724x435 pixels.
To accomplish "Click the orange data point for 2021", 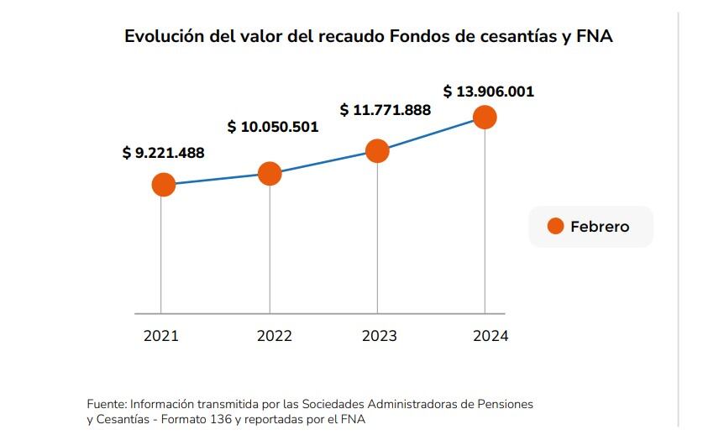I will click(x=163, y=185).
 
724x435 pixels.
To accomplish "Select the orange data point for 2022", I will click(x=270, y=174).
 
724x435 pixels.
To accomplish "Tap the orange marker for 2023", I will click(x=377, y=151).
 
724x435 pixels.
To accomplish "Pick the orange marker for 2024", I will click(x=485, y=118).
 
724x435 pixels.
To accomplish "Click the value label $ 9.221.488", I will click(x=163, y=153).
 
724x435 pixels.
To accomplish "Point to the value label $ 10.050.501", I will click(x=273, y=127).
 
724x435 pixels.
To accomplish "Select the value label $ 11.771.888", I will click(x=385, y=110).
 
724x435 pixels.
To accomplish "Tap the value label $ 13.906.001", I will click(x=489, y=92).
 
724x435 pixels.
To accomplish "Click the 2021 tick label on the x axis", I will click(x=161, y=336).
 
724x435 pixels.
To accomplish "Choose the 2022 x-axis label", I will click(x=274, y=336).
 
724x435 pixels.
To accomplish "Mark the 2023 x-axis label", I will click(x=380, y=336).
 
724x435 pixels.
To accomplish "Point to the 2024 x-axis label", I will click(x=491, y=336).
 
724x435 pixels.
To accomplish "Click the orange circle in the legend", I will click(x=555, y=227).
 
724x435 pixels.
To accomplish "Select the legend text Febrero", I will click(x=600, y=227).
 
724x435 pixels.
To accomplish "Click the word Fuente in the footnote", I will click(x=107, y=404).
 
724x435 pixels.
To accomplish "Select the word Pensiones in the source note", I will click(x=504, y=404).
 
